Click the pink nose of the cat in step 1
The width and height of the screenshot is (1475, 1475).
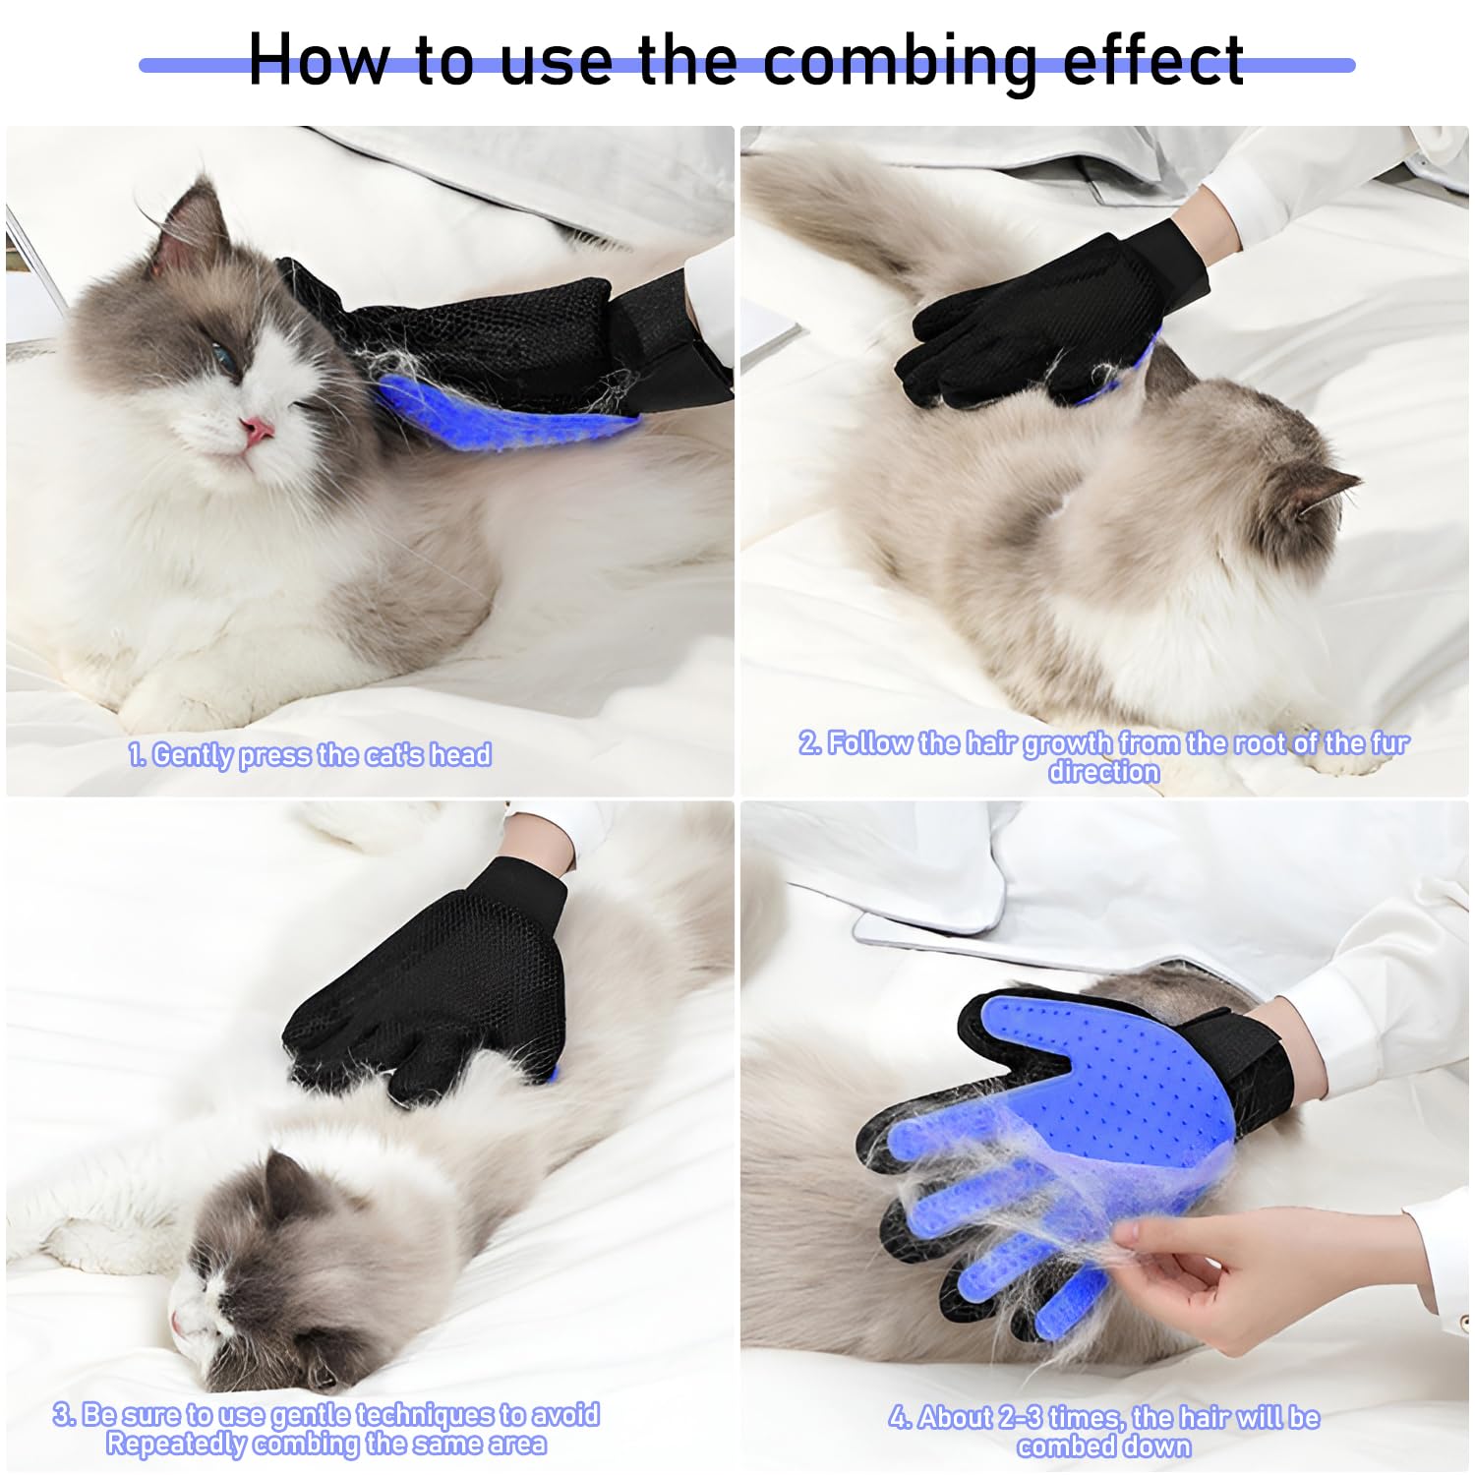(258, 429)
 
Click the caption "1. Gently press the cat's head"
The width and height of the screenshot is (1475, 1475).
(310, 755)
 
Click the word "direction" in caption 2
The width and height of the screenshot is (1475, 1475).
(1103, 772)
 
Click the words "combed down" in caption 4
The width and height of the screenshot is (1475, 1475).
(1103, 1446)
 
